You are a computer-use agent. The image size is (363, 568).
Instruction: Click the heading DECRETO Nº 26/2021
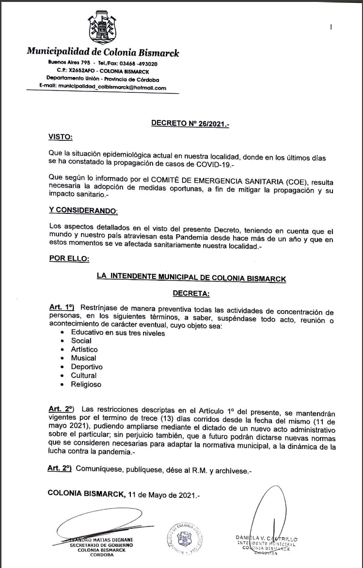pyautogui.click(x=190, y=123)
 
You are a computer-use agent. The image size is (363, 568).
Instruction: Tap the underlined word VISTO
pyautogui.click(x=61, y=137)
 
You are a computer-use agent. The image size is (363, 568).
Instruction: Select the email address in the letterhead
pyautogui.click(x=103, y=88)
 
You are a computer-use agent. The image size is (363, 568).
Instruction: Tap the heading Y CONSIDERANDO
pyautogui.click(x=83, y=210)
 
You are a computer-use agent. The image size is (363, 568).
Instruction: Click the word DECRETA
pyautogui.click(x=191, y=293)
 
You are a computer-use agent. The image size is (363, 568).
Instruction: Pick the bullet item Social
pyautogui.click(x=81, y=341)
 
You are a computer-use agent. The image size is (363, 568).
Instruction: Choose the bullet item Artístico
pyautogui.click(x=84, y=349)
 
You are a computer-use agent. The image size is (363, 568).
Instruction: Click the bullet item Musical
pyautogui.click(x=83, y=358)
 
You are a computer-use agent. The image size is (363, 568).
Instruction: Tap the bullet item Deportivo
pyautogui.click(x=87, y=367)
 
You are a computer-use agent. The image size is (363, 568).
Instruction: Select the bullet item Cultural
pyautogui.click(x=83, y=375)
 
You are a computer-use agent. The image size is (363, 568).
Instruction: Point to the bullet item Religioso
pyautogui.click(x=86, y=385)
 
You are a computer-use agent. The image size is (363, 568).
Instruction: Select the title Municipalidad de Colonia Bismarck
pyautogui.click(x=103, y=52)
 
